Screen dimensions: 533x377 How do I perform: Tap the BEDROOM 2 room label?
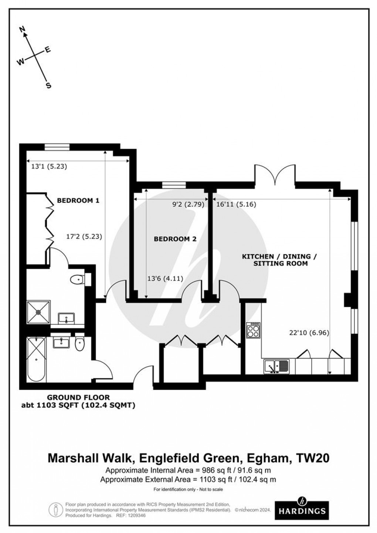pyautogui.click(x=175, y=239)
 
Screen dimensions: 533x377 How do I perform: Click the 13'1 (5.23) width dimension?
pyautogui.click(x=49, y=166)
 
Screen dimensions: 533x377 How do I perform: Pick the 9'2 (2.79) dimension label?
pyautogui.click(x=189, y=204)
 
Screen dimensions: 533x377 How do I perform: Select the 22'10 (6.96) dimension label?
pyautogui.click(x=309, y=333)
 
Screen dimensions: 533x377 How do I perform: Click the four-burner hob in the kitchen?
pyautogui.click(x=254, y=330)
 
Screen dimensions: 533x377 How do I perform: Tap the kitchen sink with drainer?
pyautogui.click(x=276, y=367)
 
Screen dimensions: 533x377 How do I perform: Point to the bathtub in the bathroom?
pyautogui.click(x=36, y=359)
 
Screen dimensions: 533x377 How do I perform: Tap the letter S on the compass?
pyautogui.click(x=48, y=86)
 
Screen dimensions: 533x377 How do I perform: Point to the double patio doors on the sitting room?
pyautogui.click(x=274, y=175)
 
